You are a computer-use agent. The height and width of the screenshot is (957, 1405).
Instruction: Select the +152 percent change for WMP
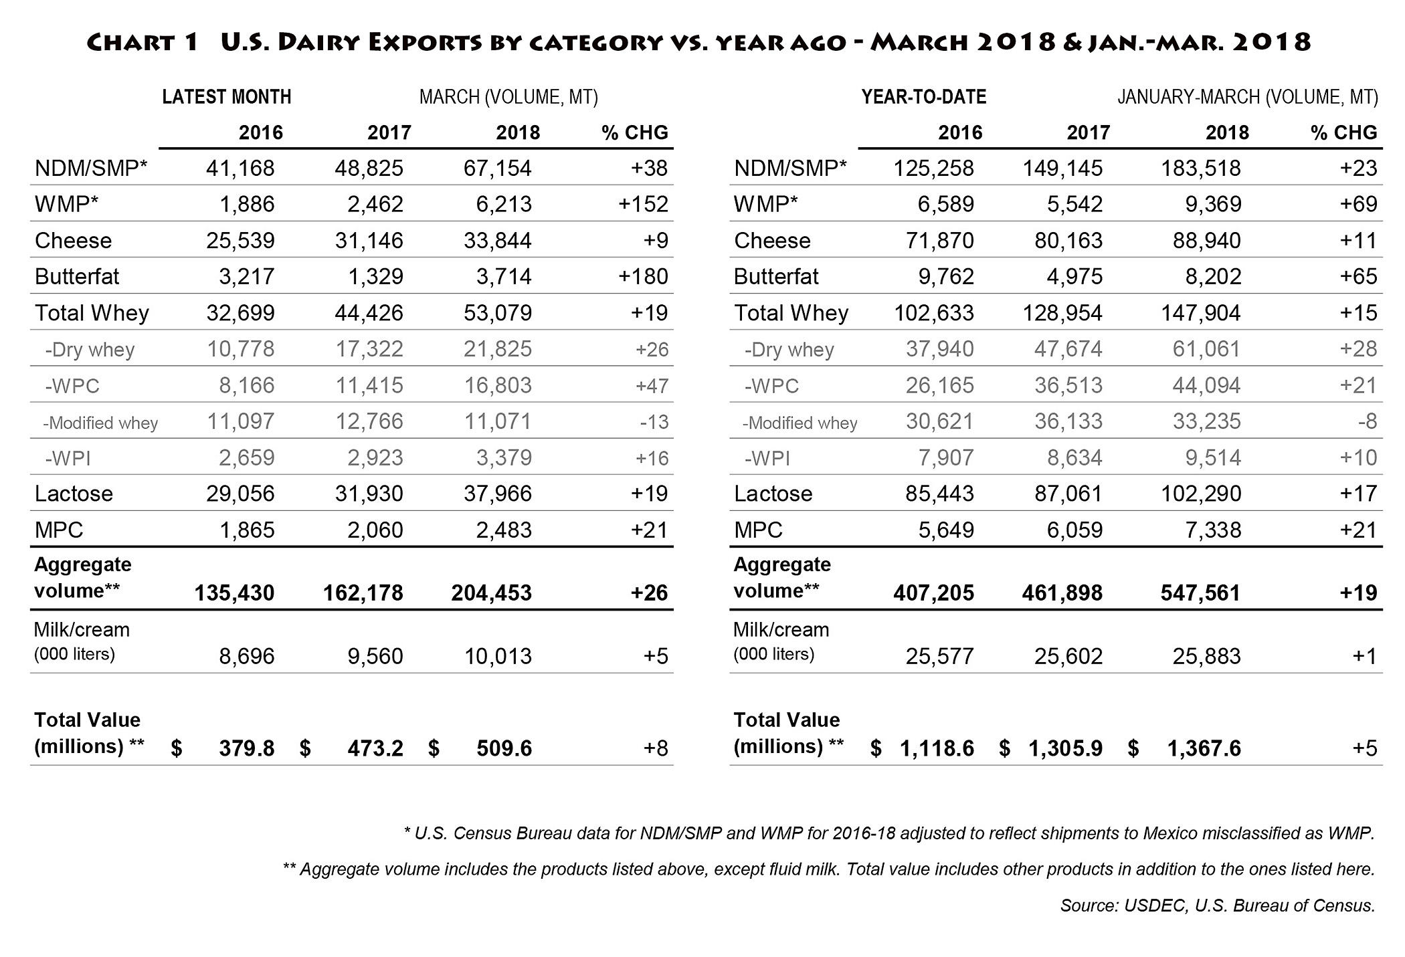click(x=643, y=204)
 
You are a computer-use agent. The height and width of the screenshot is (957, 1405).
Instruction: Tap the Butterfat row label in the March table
click(x=77, y=277)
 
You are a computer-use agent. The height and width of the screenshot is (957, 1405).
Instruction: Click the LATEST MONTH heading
click(x=226, y=98)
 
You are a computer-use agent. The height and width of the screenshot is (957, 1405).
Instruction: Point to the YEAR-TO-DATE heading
click(x=923, y=98)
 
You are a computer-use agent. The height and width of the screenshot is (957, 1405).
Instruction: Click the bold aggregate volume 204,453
click(x=491, y=593)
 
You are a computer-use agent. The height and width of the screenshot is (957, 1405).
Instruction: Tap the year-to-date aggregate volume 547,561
click(x=1200, y=593)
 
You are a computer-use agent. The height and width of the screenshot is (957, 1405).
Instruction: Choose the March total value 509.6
click(x=504, y=748)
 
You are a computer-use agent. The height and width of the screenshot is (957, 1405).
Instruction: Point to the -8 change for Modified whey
click(x=1367, y=422)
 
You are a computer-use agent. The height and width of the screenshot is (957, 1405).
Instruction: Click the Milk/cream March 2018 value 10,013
click(x=498, y=656)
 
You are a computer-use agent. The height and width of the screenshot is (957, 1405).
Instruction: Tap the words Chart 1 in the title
click(x=143, y=42)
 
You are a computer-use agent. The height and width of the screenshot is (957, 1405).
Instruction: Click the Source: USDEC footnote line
click(x=1217, y=906)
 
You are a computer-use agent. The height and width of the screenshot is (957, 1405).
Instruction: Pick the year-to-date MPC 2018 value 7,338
click(x=1213, y=530)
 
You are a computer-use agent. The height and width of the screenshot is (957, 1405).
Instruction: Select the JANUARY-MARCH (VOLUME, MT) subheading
click(x=1247, y=98)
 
